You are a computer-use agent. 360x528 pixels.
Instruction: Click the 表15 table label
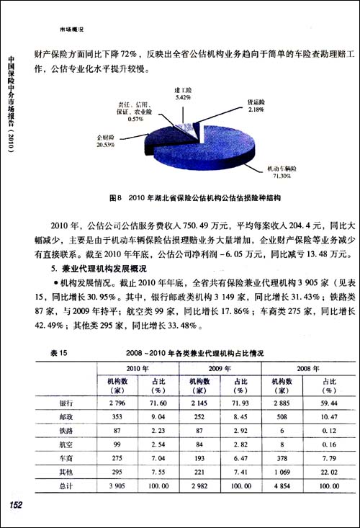pyautogui.click(x=59, y=354)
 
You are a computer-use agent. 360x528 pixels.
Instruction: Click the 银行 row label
pyautogui.click(x=64, y=403)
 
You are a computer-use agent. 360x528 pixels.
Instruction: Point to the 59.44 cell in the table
pyautogui.click(x=328, y=403)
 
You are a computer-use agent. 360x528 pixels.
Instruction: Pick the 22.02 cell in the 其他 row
pyautogui.click(x=328, y=475)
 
